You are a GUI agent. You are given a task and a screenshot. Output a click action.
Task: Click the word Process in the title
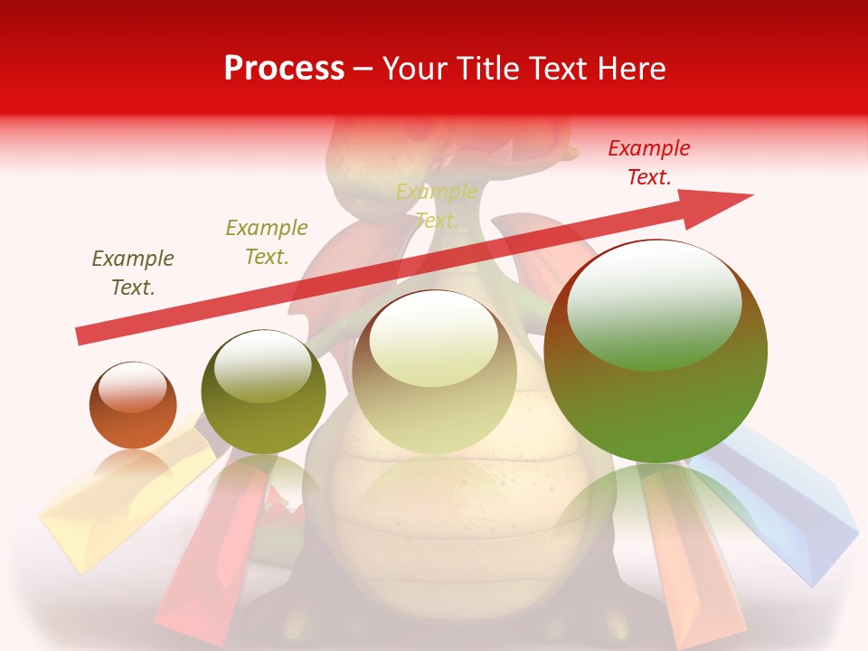[284, 69]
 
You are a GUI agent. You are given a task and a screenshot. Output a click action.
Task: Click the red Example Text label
[649, 163]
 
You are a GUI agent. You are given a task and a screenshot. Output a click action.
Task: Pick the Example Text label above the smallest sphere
[133, 273]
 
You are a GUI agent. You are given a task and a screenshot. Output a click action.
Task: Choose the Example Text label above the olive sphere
[267, 242]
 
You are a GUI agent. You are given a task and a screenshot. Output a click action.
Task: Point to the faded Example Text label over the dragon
[437, 206]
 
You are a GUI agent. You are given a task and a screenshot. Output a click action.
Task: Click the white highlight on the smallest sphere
[133, 388]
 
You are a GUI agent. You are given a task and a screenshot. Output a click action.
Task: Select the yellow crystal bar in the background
[99, 515]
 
